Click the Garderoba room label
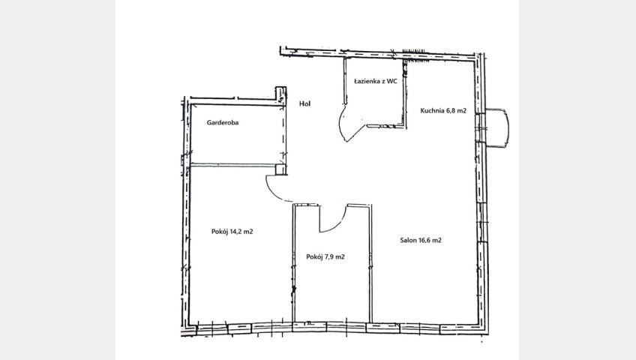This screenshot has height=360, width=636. tap(223, 122)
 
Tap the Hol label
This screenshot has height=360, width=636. tap(304, 103)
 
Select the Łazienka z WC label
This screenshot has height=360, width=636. tap(375, 81)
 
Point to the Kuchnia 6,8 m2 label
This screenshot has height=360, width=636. tap(443, 110)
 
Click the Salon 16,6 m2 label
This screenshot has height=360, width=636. tap(421, 240)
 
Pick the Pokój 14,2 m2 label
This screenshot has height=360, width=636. tap(232, 232)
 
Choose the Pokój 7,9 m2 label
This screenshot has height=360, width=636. tap(325, 256)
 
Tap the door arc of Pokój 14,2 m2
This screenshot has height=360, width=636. tap(272, 193)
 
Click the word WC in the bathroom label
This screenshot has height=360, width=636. tap(391, 81)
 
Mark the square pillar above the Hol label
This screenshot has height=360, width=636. tap(280, 94)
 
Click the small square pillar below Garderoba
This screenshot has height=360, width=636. tap(280, 169)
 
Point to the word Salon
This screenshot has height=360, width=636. tap(408, 240)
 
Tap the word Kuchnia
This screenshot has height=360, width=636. tap(432, 110)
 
